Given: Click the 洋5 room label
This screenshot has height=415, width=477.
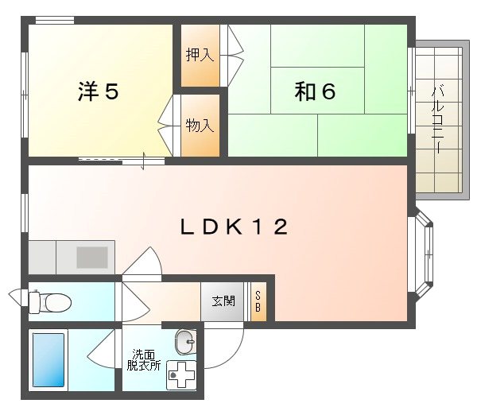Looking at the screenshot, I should point(99,92).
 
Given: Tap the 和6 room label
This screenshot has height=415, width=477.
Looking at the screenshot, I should point(315,92).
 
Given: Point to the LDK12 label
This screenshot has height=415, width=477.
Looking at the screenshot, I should point(232,227).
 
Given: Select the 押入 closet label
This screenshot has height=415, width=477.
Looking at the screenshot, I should point(200,55).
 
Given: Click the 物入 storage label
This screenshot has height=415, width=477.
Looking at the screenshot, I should point(200,125).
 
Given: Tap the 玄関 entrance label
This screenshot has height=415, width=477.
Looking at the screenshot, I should point(223,301).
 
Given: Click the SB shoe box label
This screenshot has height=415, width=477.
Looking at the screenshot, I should point(258,302).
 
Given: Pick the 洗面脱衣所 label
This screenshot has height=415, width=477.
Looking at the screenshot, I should point(144,360).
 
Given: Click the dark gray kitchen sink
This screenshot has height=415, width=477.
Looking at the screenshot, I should point(91,257).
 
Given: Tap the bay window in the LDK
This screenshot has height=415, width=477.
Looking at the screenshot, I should point(425,255).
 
